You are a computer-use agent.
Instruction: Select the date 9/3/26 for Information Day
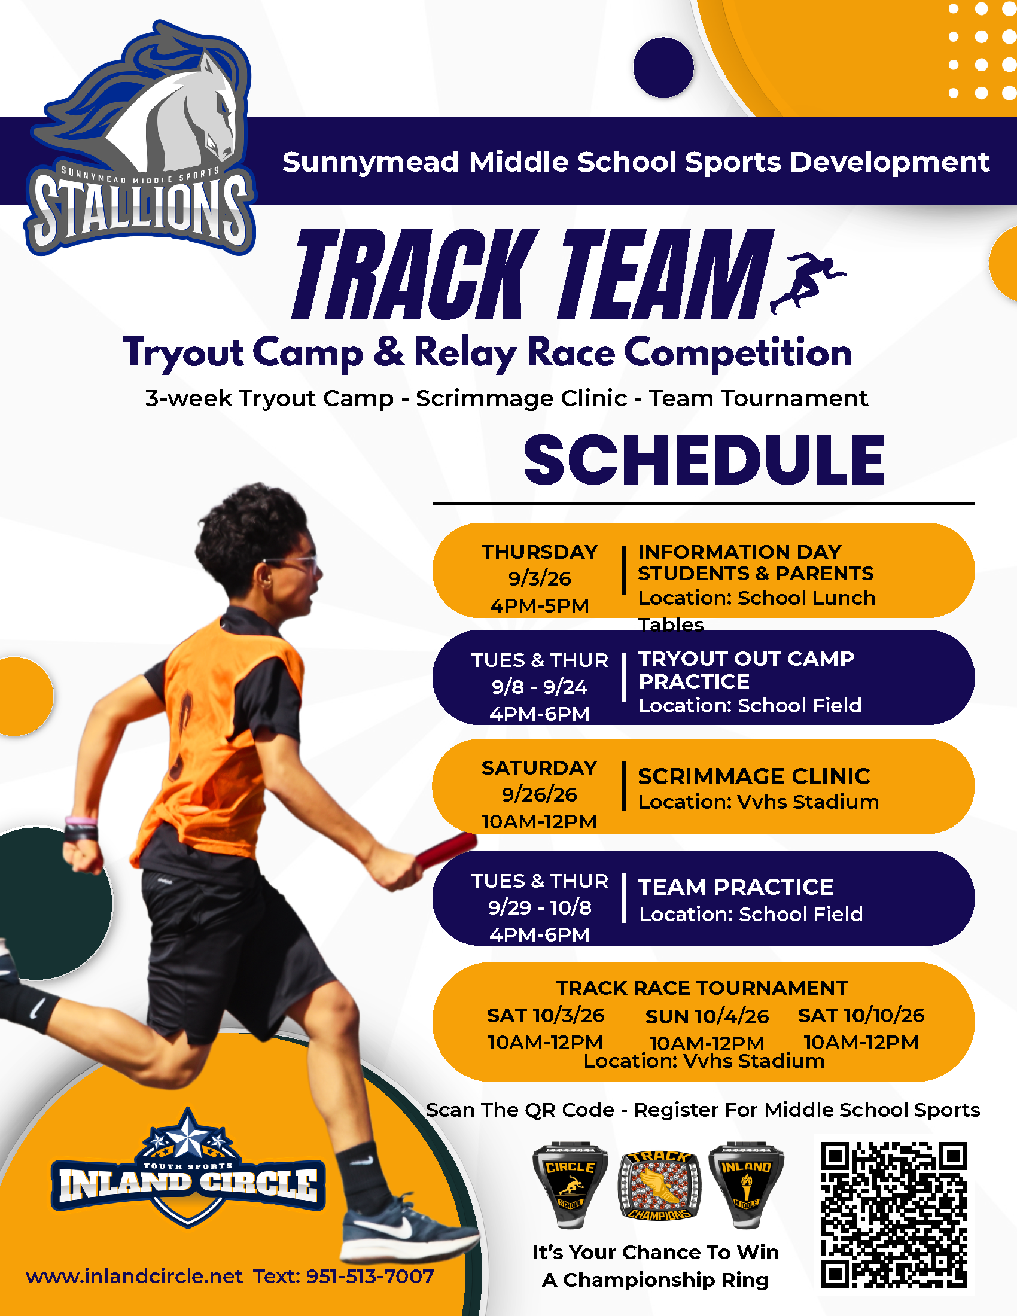[x=539, y=578]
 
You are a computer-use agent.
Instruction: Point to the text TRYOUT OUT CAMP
[x=746, y=659]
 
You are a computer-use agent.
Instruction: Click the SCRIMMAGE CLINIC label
[x=754, y=776]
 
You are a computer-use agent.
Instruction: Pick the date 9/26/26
[x=539, y=794]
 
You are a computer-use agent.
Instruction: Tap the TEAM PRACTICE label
[x=736, y=887]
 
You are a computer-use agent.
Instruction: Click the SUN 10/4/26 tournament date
[x=707, y=1016]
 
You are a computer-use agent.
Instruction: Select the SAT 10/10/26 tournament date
[x=861, y=1015]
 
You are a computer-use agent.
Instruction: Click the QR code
[x=894, y=1214]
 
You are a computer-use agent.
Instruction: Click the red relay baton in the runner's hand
[x=446, y=849]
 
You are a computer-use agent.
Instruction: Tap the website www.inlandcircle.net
[x=134, y=1276]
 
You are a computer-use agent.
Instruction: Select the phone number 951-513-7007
[x=370, y=1276]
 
